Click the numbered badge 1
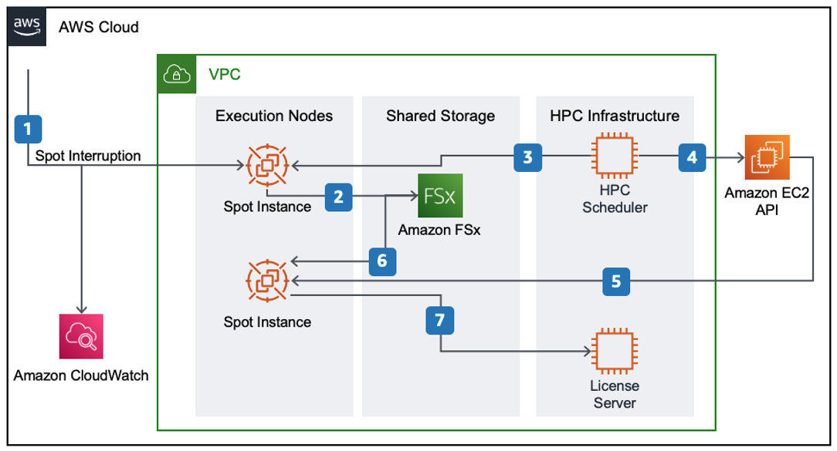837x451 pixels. coord(28,128)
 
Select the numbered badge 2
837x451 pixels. coord(339,197)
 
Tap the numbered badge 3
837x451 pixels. coord(527,157)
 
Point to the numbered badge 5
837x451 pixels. coord(615,281)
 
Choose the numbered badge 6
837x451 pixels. coord(384,261)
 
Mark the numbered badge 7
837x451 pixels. coord(440,320)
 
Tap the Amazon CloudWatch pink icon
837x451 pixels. coord(81,336)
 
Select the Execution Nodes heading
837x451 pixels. coord(274,116)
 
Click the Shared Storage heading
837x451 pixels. coord(440,116)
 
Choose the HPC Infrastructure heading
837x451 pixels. coord(615,116)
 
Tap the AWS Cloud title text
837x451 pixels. coord(99,28)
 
